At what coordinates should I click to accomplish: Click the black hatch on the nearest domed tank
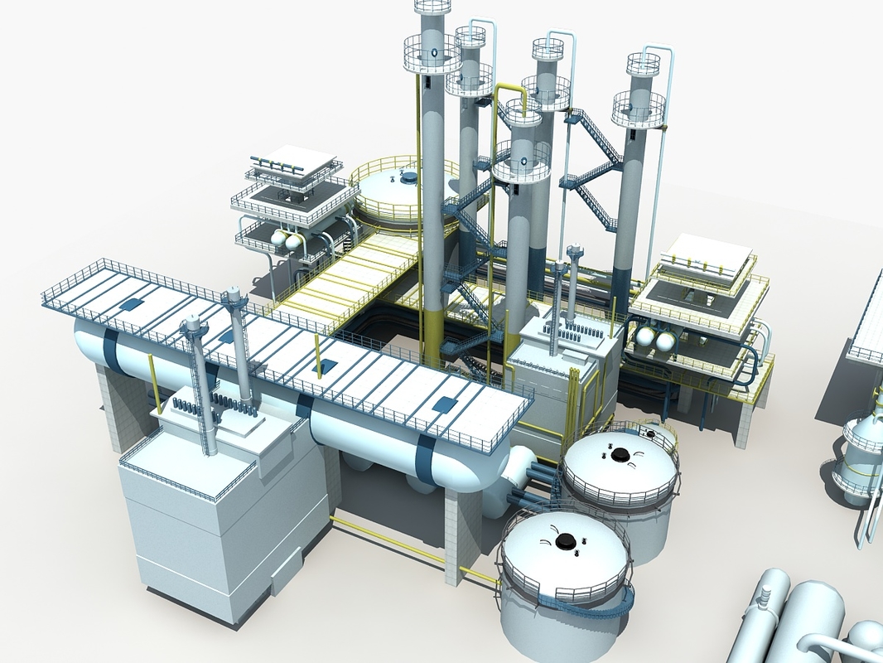(x=566, y=541)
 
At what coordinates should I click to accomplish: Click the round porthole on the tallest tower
(x=432, y=57)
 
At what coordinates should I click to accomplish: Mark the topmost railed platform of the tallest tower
(x=432, y=7)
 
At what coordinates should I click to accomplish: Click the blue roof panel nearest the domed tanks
(x=444, y=405)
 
